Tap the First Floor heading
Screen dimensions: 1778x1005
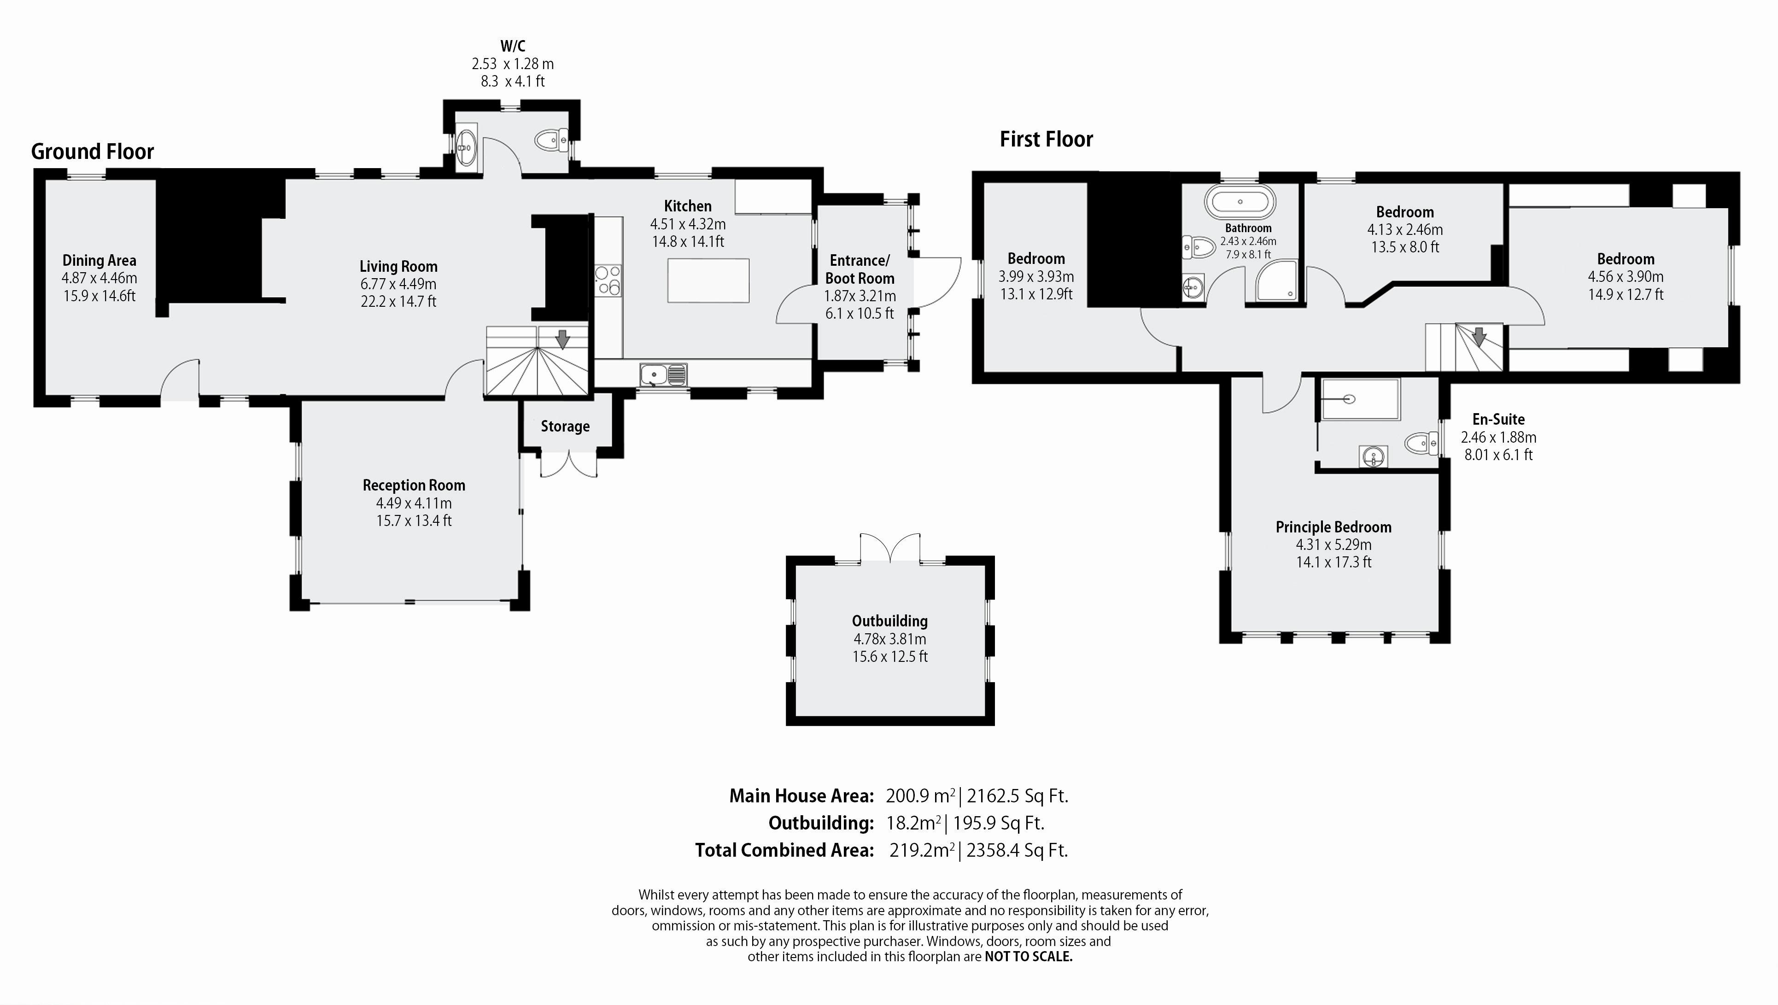click(1047, 140)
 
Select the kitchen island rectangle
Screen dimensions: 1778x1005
click(708, 280)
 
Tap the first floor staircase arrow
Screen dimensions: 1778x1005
click(1479, 336)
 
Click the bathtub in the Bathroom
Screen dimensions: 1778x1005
click(1240, 202)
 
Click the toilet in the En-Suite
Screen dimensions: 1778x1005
click(1422, 443)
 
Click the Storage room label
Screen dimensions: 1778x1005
click(565, 427)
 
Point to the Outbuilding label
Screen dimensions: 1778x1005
click(889, 621)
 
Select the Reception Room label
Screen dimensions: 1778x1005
click(414, 485)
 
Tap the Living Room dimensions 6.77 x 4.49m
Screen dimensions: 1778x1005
click(398, 284)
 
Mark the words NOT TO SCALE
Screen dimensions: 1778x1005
click(1029, 957)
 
